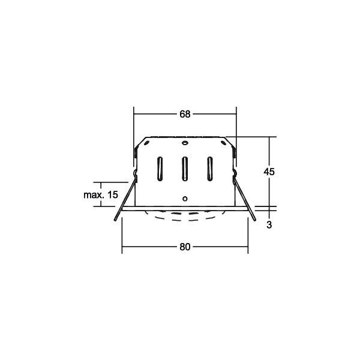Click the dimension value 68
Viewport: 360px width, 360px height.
[184, 114]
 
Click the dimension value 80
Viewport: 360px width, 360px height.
[184, 247]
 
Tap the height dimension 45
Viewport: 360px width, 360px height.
[269, 172]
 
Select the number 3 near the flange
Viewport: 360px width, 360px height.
[269, 224]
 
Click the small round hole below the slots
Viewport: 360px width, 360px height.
[185, 198]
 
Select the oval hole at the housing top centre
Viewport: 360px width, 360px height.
[185, 144]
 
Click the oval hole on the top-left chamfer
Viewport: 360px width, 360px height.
[146, 145]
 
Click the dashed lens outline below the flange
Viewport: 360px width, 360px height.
[185, 218]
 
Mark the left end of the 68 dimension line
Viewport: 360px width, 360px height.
[134, 114]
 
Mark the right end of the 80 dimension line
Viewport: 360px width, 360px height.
[247, 247]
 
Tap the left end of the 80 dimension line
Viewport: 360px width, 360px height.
[122, 247]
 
